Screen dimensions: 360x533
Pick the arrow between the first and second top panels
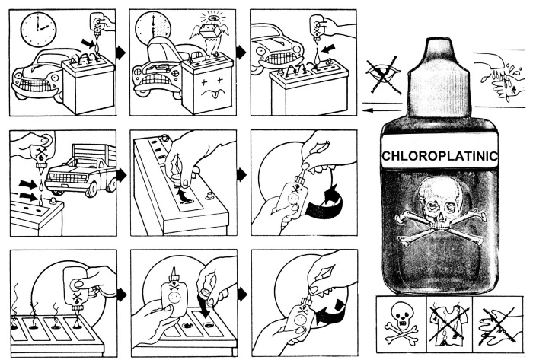121,53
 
